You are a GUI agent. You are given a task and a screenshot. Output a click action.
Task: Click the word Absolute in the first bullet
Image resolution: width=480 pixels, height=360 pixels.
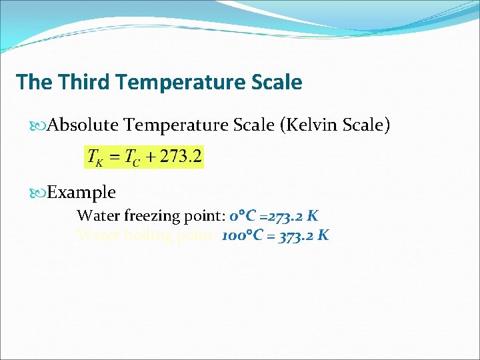pos(83,125)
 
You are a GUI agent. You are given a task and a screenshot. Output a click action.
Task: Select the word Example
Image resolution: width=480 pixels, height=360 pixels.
pos(82,193)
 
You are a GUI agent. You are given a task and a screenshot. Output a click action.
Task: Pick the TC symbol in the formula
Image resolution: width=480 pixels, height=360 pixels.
pos(133,159)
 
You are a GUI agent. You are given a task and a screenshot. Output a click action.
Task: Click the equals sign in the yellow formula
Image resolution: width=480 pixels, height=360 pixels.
pos(113,159)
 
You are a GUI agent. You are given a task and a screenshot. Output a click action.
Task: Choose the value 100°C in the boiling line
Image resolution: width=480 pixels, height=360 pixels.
pos(244,235)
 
